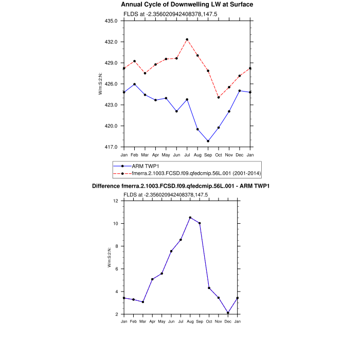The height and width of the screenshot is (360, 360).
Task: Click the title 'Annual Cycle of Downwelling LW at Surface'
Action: point(179,5)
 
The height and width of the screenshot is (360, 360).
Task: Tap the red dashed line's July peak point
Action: point(187,40)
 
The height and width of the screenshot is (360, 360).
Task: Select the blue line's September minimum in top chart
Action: point(208,141)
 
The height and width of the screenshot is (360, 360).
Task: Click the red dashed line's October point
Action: point(219,97)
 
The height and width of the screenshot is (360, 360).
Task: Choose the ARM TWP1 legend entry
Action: point(145,166)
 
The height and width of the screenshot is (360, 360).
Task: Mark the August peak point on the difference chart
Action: point(190,218)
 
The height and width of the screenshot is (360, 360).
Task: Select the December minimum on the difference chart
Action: point(228,313)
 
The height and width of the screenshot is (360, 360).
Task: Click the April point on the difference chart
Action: point(152,279)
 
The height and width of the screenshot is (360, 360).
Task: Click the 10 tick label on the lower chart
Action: point(115,224)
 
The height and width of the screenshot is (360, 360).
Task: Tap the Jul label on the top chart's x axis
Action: point(187,154)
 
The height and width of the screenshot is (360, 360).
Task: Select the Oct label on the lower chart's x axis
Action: point(209,321)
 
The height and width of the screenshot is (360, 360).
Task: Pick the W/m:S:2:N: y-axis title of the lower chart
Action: point(110,257)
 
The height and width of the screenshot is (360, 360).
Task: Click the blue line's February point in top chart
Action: point(135,84)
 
